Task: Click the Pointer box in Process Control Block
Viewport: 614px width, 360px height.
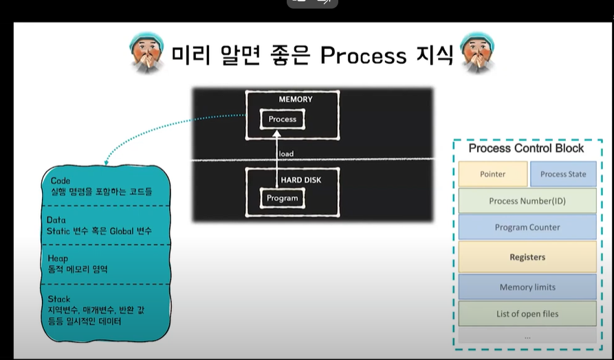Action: click(492, 174)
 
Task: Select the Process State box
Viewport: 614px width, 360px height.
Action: click(563, 174)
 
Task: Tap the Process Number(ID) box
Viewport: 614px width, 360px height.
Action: click(527, 201)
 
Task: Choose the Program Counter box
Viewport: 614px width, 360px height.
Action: click(527, 227)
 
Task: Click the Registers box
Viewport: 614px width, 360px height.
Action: click(527, 257)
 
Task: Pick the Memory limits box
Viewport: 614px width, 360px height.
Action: click(527, 286)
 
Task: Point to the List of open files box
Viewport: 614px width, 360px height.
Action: click(527, 314)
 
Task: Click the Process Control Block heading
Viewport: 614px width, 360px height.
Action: click(526, 148)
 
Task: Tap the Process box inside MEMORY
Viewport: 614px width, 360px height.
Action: click(282, 119)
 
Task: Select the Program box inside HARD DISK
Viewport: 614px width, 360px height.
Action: click(282, 198)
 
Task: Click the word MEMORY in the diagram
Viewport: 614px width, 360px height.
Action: click(295, 100)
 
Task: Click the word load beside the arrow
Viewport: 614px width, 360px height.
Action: click(286, 154)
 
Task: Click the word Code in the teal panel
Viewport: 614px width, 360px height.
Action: click(61, 181)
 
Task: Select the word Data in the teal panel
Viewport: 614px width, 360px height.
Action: click(58, 220)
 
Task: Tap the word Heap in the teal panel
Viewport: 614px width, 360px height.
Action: click(58, 258)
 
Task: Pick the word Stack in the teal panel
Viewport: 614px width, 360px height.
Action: click(60, 299)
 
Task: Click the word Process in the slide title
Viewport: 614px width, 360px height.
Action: click(363, 55)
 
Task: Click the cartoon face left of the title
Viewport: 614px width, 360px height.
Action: click(146, 53)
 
